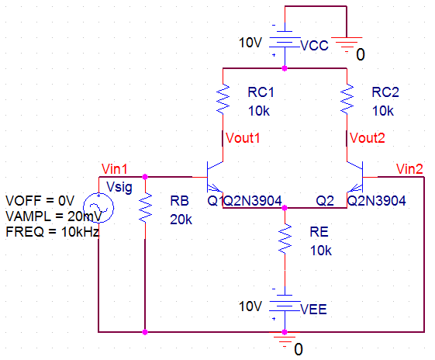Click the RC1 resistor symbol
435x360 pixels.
tap(223, 99)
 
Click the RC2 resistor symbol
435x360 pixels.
tap(347, 99)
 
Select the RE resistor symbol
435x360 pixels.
tap(285, 239)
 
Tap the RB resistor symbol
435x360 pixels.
tap(145, 208)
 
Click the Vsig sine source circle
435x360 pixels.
tap(98, 208)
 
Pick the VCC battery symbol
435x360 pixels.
tap(285, 43)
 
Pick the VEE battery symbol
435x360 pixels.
tap(285, 306)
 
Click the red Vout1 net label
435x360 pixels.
tap(243, 138)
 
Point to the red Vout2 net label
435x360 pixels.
tap(368, 138)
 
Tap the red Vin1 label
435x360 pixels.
tap(115, 169)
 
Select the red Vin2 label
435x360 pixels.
tap(409, 169)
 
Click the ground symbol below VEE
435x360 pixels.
tap(285, 339)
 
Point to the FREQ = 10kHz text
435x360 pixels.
tap(53, 232)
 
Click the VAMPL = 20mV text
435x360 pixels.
tap(54, 216)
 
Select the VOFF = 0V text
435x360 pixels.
tap(40, 200)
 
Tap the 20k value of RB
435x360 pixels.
tap(181, 220)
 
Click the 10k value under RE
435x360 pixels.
tap(321, 251)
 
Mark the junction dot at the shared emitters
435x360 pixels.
tap(285, 208)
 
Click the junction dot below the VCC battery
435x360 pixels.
tap(285, 68)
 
